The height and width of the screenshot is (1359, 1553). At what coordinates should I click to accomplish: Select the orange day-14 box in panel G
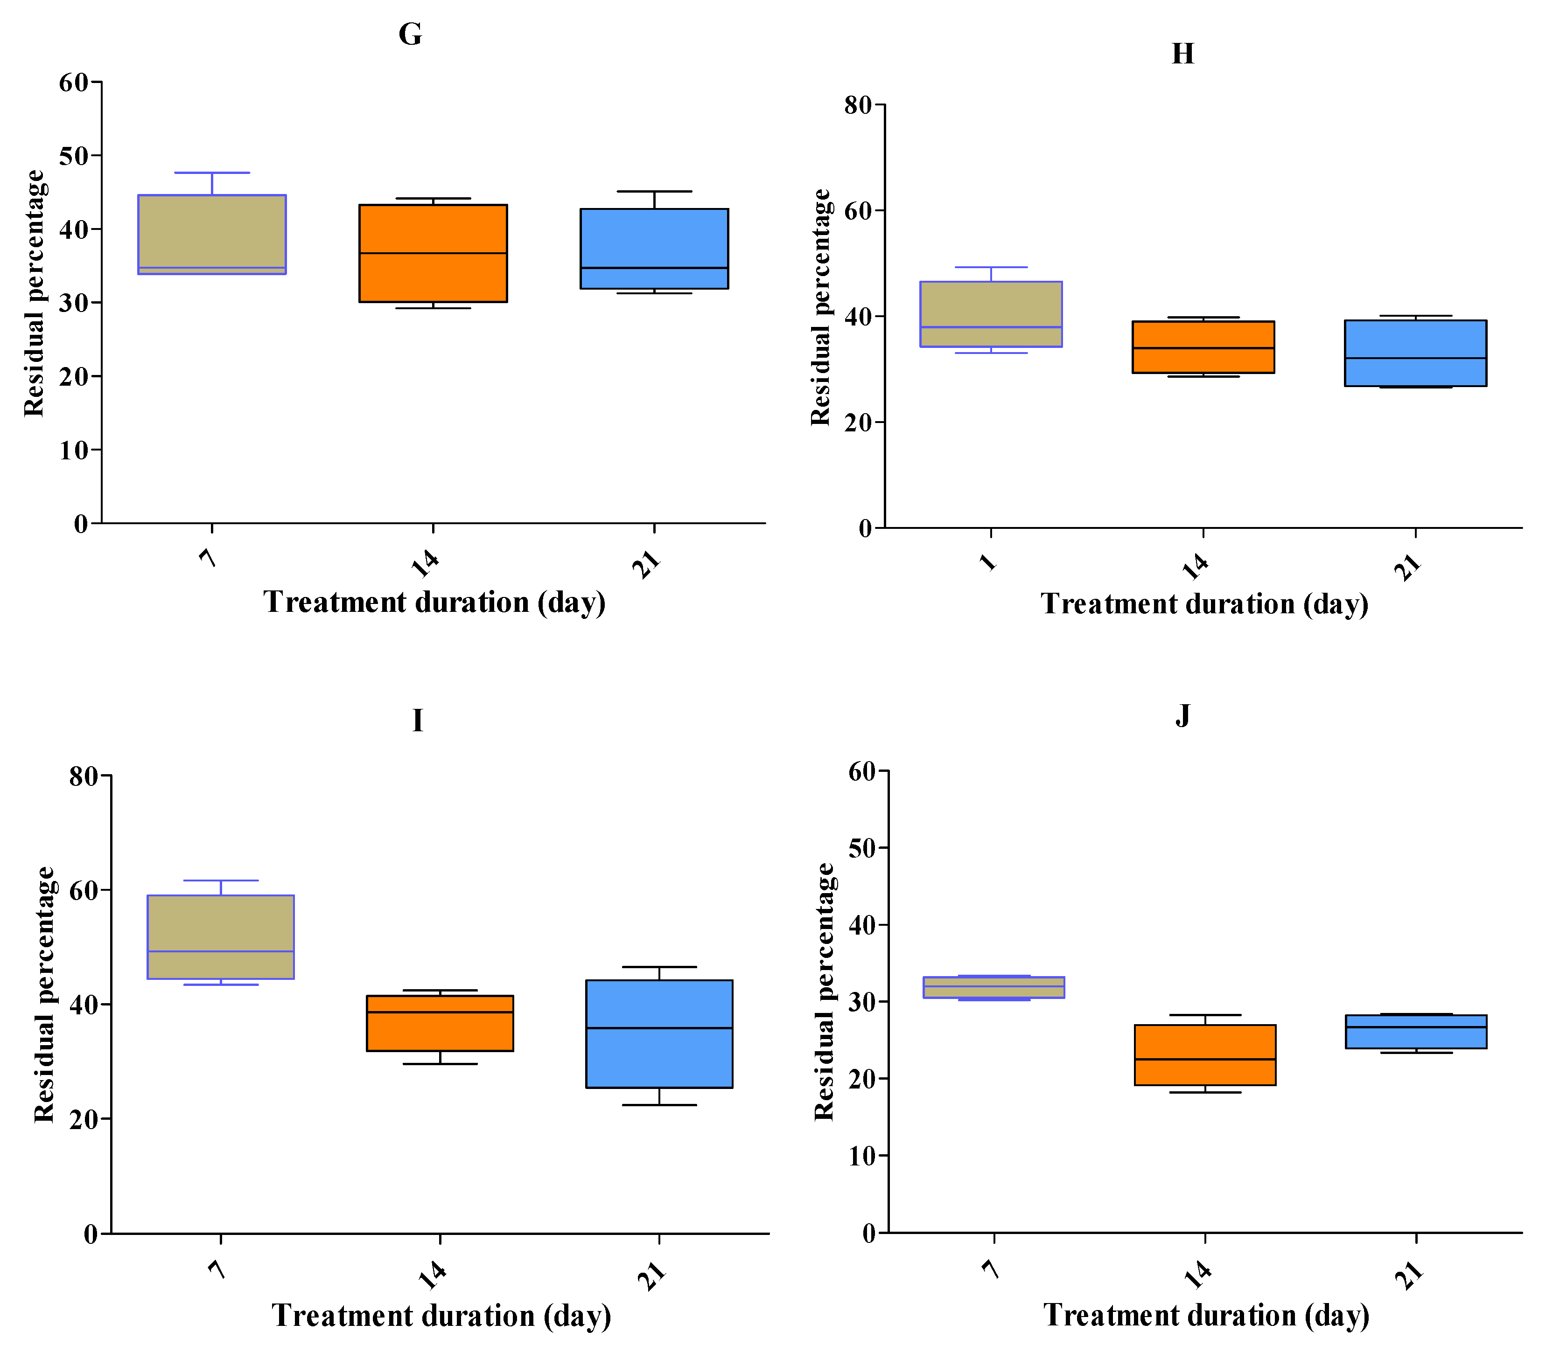433,253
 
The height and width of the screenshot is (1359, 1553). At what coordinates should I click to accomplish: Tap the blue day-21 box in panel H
1415,354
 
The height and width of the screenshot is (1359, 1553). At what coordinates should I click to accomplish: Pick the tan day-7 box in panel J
994,987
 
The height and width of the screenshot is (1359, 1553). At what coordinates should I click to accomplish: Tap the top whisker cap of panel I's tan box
221,881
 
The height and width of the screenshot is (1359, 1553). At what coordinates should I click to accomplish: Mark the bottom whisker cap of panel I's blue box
658,1105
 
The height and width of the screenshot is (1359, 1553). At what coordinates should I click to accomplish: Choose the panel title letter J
1182,714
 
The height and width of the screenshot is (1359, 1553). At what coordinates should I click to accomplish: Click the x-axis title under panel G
434,602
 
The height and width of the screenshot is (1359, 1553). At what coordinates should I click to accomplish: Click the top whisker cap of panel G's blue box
654,192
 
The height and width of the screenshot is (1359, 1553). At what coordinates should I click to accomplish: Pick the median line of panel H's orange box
1203,348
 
